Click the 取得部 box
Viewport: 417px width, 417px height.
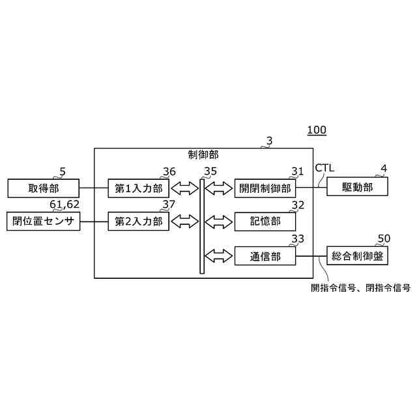point(43,189)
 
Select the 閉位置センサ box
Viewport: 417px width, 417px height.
point(43,222)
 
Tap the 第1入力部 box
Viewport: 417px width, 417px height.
point(138,189)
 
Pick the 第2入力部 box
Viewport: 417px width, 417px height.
point(138,222)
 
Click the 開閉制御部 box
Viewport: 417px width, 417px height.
point(265,189)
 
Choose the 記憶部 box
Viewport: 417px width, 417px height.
point(265,222)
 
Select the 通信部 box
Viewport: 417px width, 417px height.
point(265,257)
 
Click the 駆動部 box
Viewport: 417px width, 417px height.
point(358,188)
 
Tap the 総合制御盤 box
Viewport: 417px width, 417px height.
point(358,257)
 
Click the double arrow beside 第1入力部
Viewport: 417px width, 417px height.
point(185,189)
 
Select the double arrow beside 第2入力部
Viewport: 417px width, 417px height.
point(185,222)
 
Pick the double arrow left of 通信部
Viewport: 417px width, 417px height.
point(219,255)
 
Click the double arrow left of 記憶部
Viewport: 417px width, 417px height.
point(219,222)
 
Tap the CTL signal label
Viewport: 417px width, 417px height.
point(324,169)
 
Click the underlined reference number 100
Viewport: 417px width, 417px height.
point(317,130)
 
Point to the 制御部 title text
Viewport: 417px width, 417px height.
point(203,155)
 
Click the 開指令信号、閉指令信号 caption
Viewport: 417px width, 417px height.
point(360,286)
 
